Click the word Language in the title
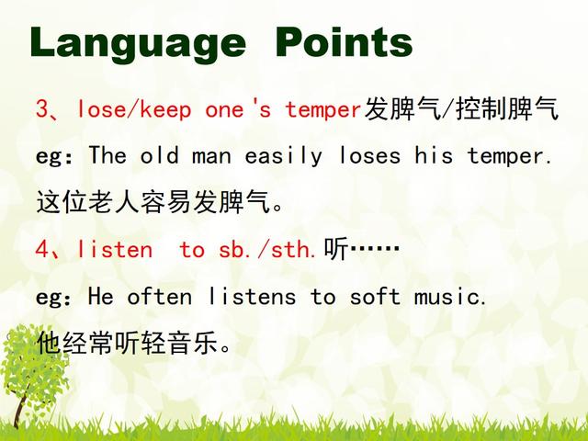pos(138,44)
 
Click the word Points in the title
pos(345,42)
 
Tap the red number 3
pos(43,109)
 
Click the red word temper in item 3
pos(323,110)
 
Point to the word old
pos(159,154)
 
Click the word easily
pos(284,156)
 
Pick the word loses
pos(369,154)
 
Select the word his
pos(434,154)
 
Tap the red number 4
pos(43,249)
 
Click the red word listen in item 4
pos(115,249)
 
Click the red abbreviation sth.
pos(293,249)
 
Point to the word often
pos(160,296)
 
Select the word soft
pos(375,296)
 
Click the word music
pos(450,296)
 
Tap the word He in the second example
pos(100,296)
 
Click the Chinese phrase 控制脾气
pos(507,109)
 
